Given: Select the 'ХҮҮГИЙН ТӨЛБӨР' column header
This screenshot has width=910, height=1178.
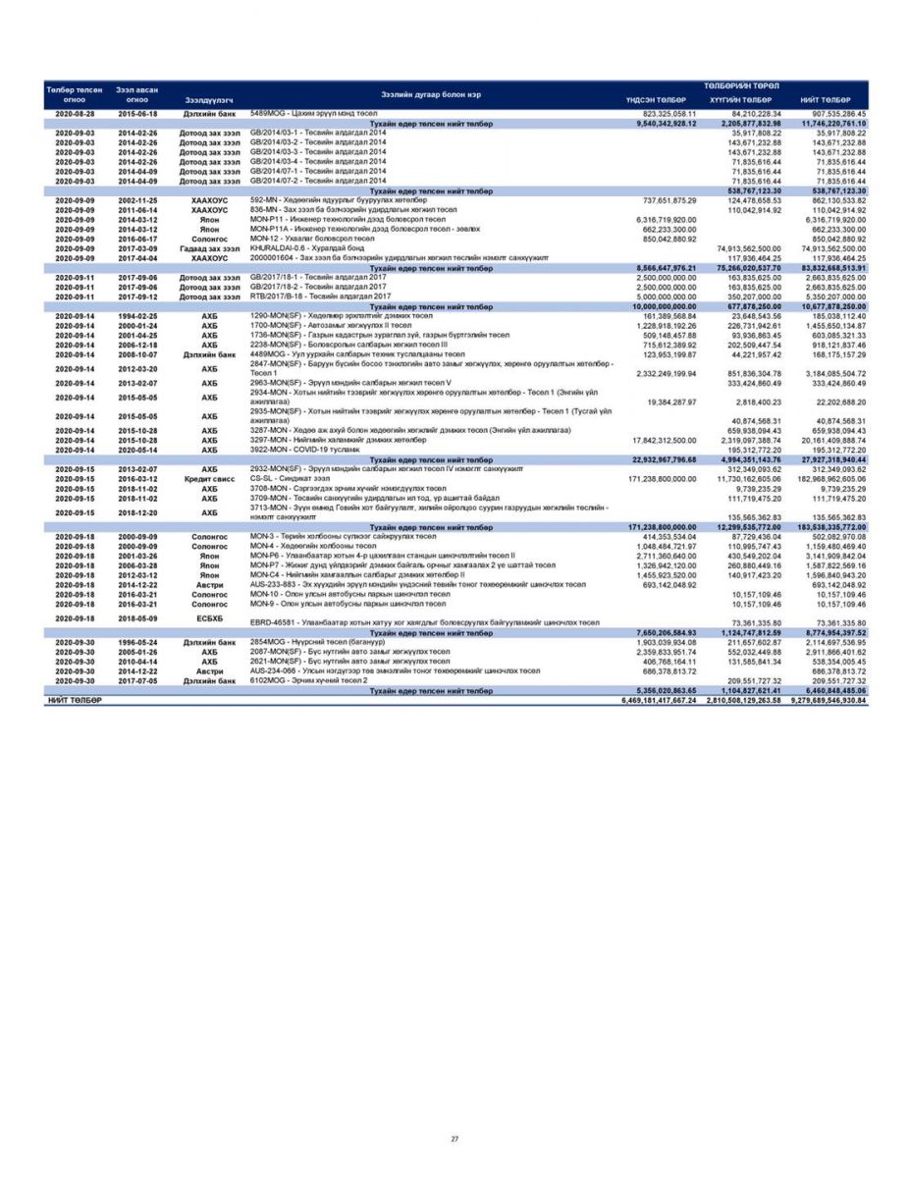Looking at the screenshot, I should (x=740, y=100).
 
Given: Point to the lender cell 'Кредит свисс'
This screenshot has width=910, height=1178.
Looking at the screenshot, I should (x=208, y=478).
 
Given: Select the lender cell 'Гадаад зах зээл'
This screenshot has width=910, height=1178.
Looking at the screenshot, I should (x=208, y=248).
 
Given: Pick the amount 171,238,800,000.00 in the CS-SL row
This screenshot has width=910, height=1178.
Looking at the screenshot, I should (x=656, y=478).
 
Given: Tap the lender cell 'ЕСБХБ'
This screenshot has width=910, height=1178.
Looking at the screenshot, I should (x=208, y=618).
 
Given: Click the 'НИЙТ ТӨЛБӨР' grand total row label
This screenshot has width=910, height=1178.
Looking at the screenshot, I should (x=75, y=700).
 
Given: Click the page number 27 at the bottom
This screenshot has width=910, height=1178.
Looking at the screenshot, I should (x=455, y=1139).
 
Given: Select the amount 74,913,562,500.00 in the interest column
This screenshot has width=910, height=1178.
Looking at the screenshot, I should (x=742, y=248).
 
